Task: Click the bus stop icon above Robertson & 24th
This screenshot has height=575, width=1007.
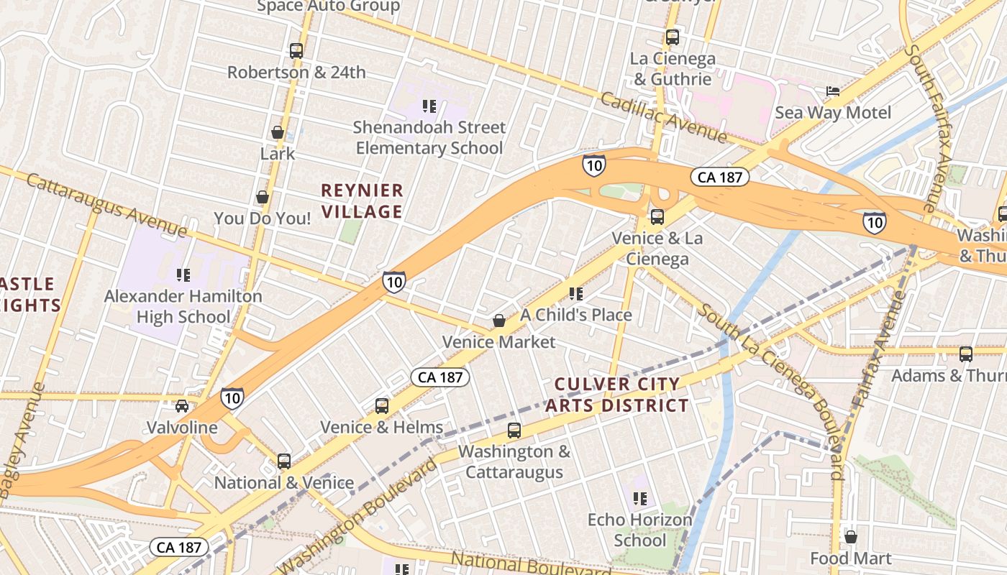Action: click(x=296, y=51)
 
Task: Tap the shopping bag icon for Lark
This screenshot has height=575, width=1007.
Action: click(x=277, y=133)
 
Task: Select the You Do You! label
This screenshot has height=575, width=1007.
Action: click(x=263, y=218)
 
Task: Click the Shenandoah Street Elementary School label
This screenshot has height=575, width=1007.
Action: click(x=429, y=138)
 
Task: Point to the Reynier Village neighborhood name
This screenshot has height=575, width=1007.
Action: click(x=362, y=201)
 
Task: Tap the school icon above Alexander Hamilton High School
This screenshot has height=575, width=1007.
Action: click(x=183, y=275)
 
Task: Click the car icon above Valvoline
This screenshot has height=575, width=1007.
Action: click(x=182, y=406)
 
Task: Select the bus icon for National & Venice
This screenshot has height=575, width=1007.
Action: click(x=284, y=461)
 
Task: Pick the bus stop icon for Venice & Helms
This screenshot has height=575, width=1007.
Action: click(x=382, y=406)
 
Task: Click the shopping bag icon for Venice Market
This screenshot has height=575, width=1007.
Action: click(x=498, y=321)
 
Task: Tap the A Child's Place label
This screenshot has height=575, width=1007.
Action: click(x=576, y=315)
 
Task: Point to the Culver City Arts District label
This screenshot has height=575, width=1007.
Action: click(x=616, y=395)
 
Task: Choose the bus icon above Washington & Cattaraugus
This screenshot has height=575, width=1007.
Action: click(x=514, y=431)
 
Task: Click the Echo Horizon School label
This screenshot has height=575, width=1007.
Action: click(x=640, y=530)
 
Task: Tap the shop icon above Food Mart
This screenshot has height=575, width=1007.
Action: click(x=851, y=537)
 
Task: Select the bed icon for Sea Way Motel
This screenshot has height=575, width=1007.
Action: click(x=832, y=91)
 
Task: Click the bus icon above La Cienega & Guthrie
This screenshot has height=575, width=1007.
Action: click(x=673, y=37)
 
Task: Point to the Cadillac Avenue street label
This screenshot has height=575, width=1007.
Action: click(x=663, y=117)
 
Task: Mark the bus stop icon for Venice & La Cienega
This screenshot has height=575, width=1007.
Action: click(x=657, y=217)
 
